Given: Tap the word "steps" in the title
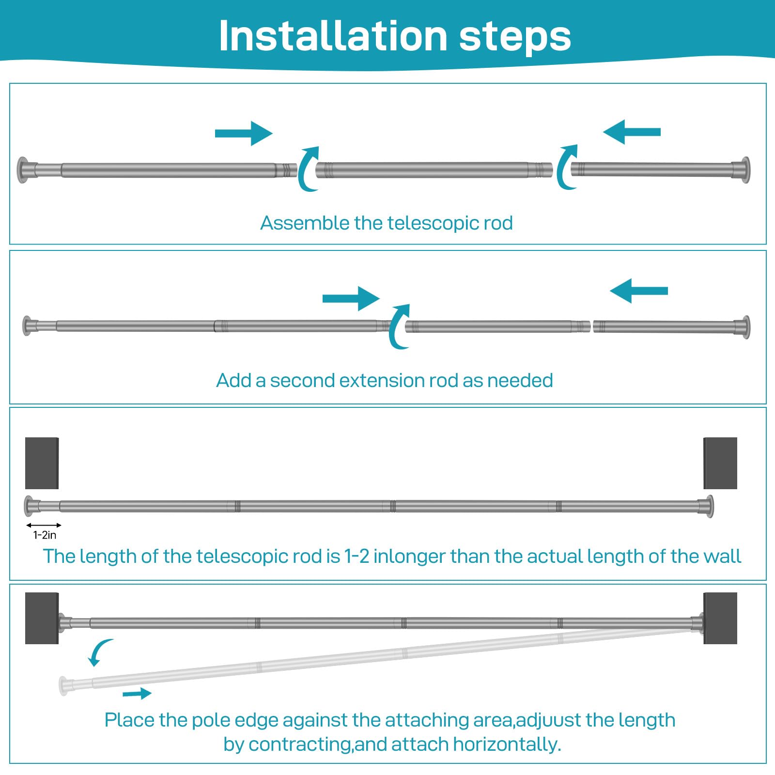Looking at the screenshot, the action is coord(515,38).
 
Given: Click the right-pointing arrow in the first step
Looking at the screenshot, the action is coord(244,133).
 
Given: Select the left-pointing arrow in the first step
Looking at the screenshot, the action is coord(632,132).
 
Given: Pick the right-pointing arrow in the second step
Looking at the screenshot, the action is coord(351,298).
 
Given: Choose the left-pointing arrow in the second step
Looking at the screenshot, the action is coord(639,291).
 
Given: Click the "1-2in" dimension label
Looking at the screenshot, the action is coord(45,535).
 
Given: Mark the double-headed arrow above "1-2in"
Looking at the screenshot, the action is coord(44,525).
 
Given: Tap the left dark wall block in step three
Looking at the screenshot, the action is coord(42,463).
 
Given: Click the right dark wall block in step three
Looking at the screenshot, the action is coord(720,463).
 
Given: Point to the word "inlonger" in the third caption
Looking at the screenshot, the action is coord(408,557).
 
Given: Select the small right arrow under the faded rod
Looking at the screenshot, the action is coord(137,694).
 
